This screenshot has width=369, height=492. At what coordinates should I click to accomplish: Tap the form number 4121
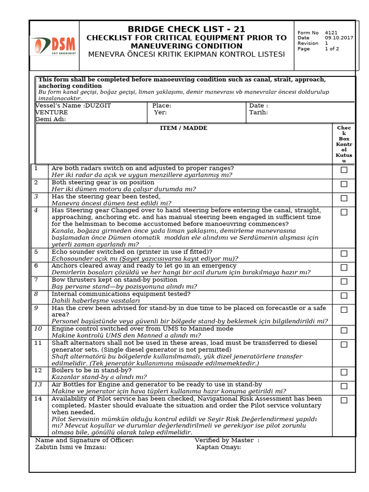coord(331,33)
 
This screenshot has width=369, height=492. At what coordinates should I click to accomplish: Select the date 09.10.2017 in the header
coord(339,38)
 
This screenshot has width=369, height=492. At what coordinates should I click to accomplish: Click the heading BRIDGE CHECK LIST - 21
coord(186,29)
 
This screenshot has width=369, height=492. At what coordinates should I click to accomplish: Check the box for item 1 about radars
coord(344,170)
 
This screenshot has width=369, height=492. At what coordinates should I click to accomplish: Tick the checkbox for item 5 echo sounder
coord(344,254)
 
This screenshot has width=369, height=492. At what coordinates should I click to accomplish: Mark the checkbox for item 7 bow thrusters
coord(344,282)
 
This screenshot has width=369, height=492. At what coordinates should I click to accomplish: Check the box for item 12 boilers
coord(344,372)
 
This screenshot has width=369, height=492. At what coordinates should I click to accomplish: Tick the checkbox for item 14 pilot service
coord(344,400)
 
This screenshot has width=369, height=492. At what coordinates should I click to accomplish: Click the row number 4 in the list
coord(36,210)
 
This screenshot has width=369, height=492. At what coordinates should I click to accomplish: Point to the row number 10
coord(38,329)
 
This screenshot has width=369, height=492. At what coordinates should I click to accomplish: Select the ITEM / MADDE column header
coord(184,128)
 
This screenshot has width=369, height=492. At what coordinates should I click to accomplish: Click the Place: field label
coord(161,106)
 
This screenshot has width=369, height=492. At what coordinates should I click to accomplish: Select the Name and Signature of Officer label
coord(85,440)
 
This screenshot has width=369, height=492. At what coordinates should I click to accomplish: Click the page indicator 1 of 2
coord(332,49)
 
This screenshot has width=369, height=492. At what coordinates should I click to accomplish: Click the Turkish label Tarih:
coord(258,112)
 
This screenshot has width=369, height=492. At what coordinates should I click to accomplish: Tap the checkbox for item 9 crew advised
coord(344,310)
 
